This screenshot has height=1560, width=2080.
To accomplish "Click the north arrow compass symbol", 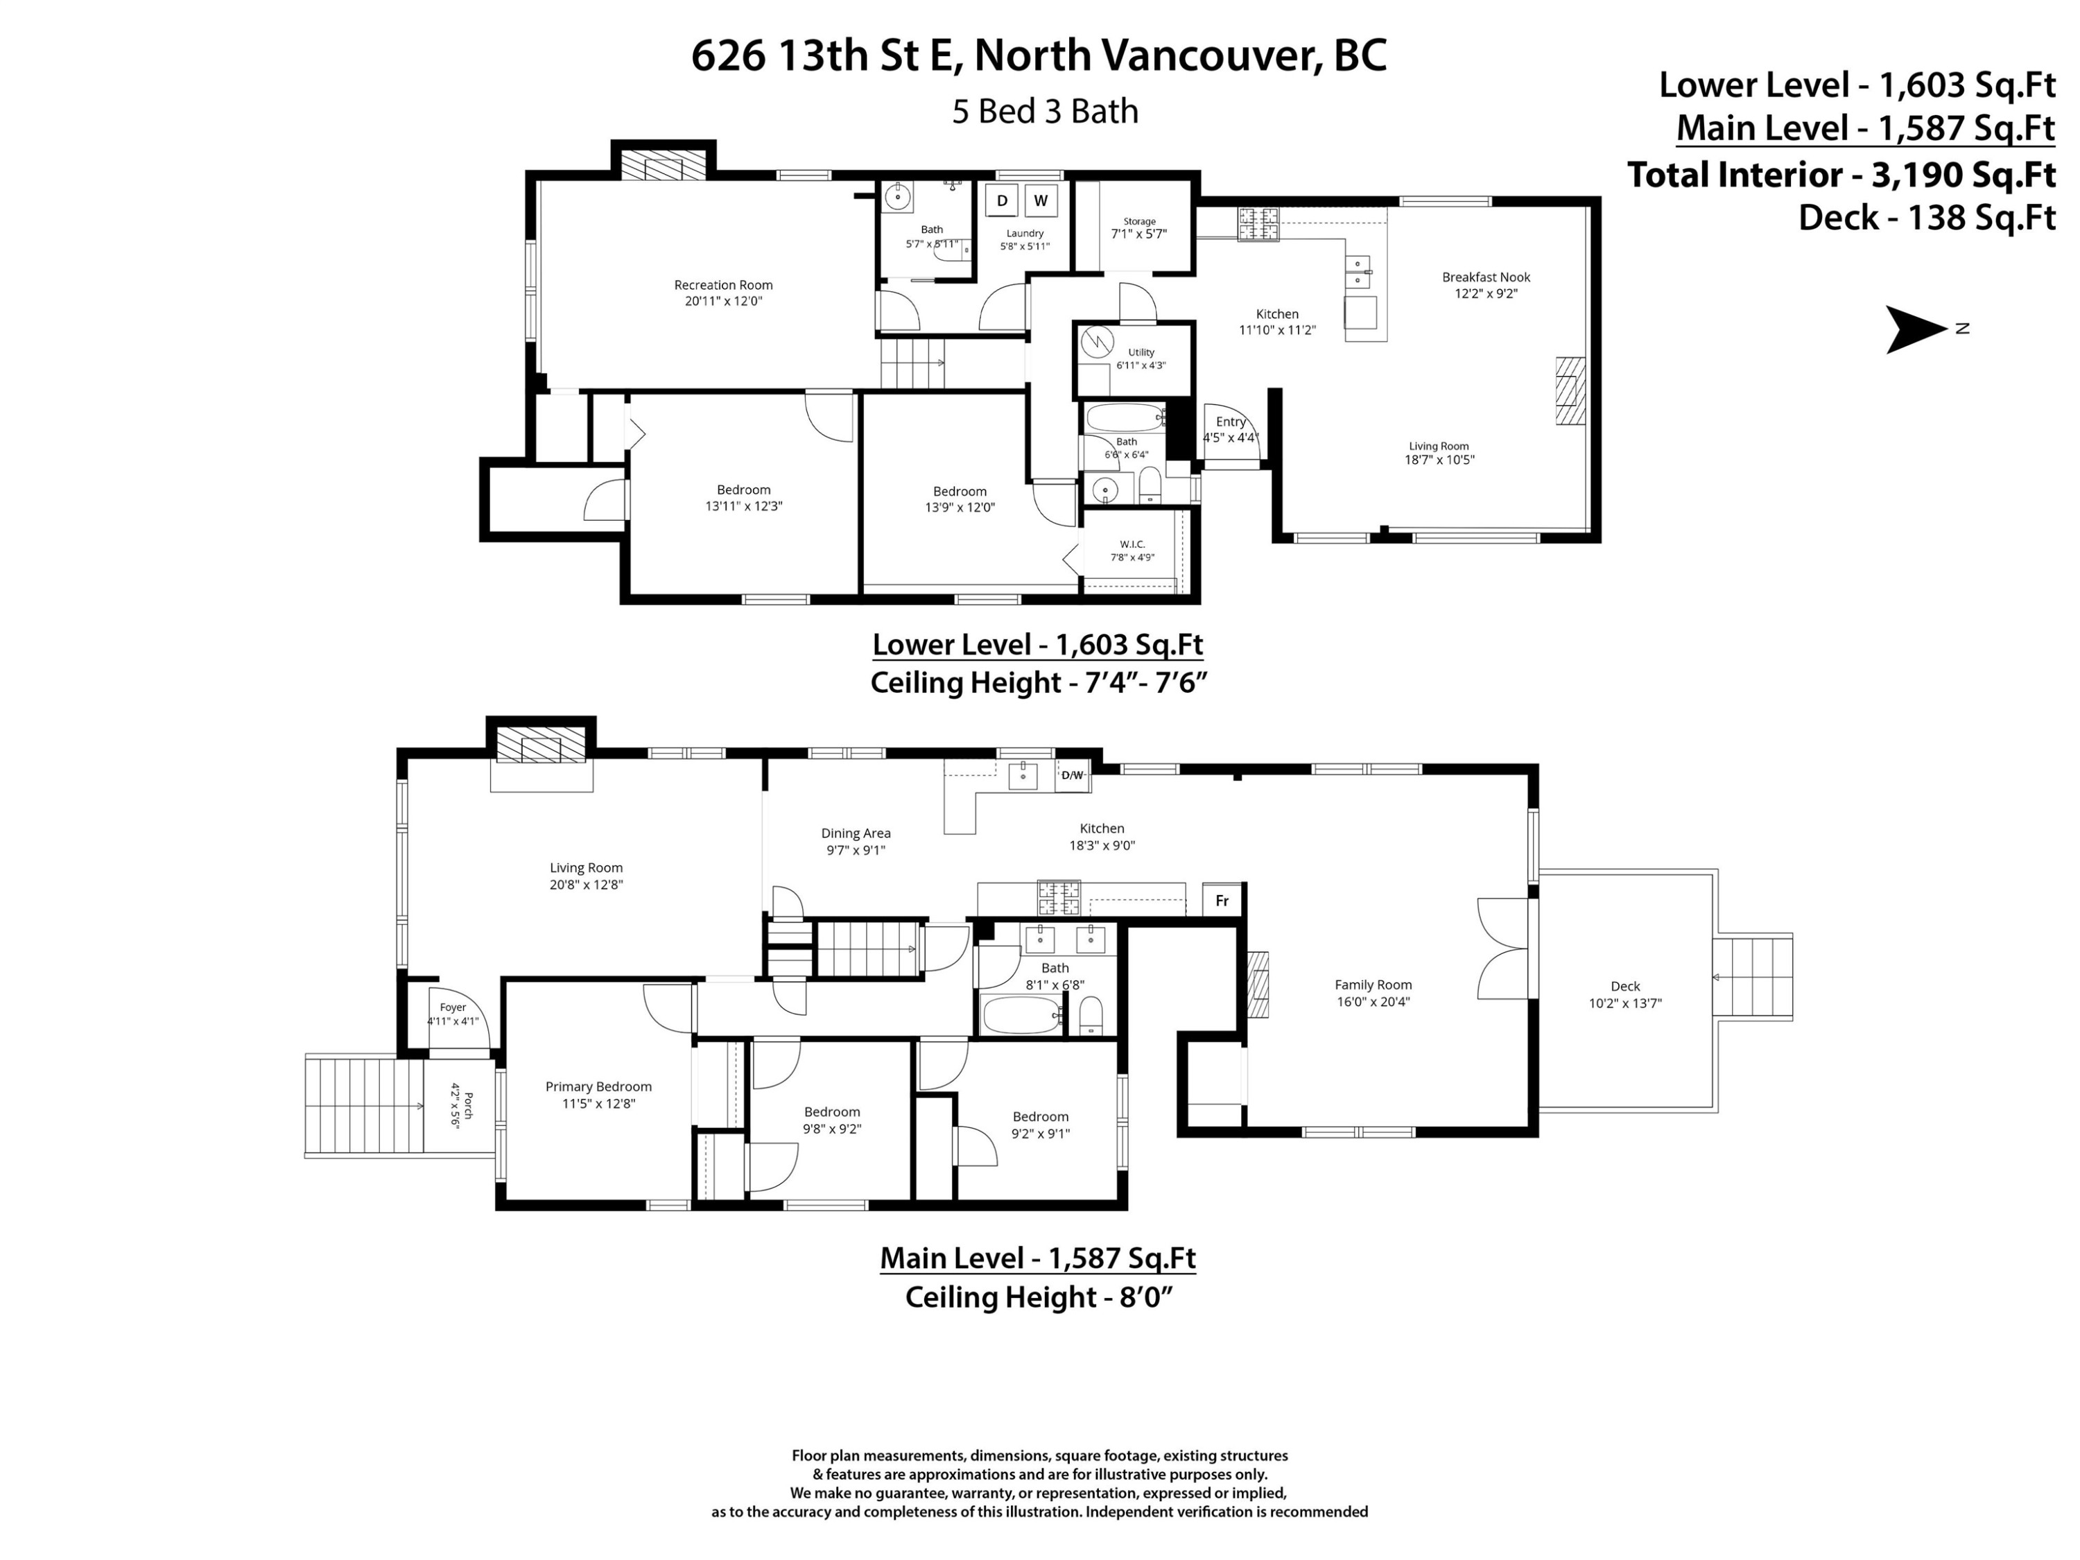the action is (1914, 329).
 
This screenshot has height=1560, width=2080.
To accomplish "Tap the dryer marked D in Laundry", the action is (1003, 200).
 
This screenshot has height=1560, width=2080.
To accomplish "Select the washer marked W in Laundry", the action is (1040, 200).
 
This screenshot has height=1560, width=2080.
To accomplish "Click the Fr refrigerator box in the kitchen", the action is (1222, 900).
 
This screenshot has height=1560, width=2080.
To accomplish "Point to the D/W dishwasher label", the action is (1072, 775).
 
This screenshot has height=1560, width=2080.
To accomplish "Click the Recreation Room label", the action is (723, 285).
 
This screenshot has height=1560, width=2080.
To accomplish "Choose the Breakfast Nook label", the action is (1486, 277).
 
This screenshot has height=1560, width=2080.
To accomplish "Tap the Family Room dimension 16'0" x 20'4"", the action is (1373, 1001).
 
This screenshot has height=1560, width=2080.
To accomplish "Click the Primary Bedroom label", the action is (598, 1086).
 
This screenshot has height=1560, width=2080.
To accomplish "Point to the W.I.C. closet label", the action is (1132, 544).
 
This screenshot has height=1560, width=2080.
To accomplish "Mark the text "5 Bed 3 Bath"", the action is (1045, 111).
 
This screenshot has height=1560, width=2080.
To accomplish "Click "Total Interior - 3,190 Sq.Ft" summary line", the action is (1841, 175).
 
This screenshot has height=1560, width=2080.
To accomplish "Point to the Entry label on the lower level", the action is (1231, 422).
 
